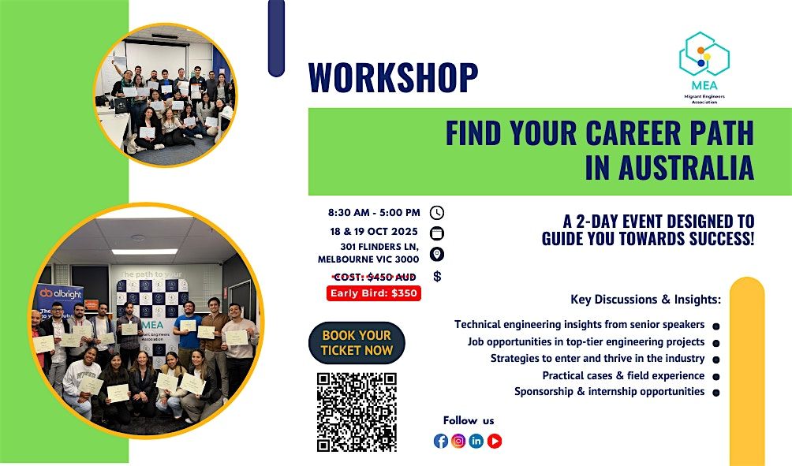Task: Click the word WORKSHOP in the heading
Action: pyautogui.click(x=393, y=77)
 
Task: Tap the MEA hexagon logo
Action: pyautogui.click(x=704, y=54)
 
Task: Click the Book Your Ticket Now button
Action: pyautogui.click(x=357, y=343)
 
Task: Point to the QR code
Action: pyautogui.click(x=357, y=412)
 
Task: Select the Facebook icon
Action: pyautogui.click(x=441, y=441)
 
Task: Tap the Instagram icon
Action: pyautogui.click(x=458, y=441)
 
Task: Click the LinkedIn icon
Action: pyautogui.click(x=476, y=441)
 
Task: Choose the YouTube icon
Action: pyautogui.click(x=495, y=441)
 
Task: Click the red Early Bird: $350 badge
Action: pyautogui.click(x=374, y=293)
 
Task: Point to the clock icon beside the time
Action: pyautogui.click(x=437, y=213)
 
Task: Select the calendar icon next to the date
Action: pyautogui.click(x=437, y=233)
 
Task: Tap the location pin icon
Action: pyautogui.click(x=437, y=254)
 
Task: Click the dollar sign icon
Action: pyautogui.click(x=438, y=276)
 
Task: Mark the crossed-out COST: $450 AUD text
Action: pyautogui.click(x=374, y=277)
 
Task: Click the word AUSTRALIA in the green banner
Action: pyautogui.click(x=670, y=167)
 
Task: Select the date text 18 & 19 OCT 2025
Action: pyautogui.click(x=374, y=231)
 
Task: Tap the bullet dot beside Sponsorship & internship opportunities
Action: pyautogui.click(x=715, y=393)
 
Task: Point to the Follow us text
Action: pyautogui.click(x=469, y=420)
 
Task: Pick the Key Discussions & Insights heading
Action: pyautogui.click(x=645, y=300)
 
